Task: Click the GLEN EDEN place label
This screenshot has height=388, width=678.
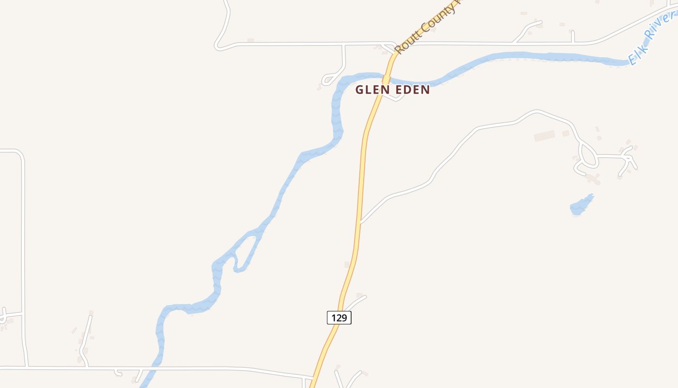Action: [x=392, y=90]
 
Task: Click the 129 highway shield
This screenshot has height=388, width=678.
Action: [x=339, y=318]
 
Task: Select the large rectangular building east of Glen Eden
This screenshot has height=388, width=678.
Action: [x=545, y=136]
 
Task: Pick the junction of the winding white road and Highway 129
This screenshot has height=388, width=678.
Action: [x=360, y=222]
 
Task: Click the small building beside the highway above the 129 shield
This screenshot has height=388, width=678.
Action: [x=347, y=264]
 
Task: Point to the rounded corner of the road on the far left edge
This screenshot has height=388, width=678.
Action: [x=20, y=154]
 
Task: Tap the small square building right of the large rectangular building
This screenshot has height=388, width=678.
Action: [x=566, y=133]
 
